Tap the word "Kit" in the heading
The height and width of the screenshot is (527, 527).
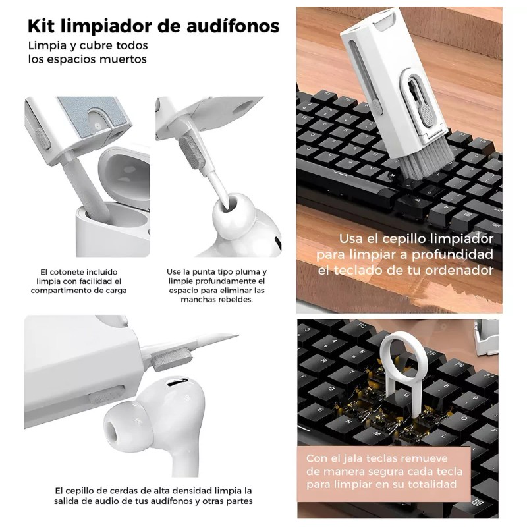coord(42,26)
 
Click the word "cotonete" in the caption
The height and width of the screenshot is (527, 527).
coord(67,271)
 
